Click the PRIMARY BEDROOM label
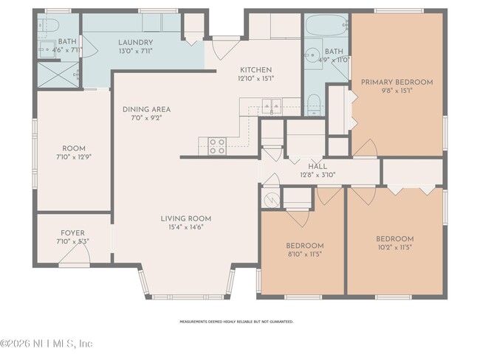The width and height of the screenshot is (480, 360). point(397,82)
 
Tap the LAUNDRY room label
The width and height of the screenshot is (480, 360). point(135,42)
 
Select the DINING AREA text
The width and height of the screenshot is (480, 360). point(148,108)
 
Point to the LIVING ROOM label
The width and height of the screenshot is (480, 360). point(186,218)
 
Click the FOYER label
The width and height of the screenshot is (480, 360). point(72,231)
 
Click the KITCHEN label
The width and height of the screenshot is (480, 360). point(256,69)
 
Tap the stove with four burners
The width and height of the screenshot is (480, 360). point(217,146)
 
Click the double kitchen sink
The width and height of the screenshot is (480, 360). point(267,105)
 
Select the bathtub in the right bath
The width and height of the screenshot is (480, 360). point(326,29)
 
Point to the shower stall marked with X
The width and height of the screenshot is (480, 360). point(58,74)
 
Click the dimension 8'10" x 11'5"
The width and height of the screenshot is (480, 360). point(304,254)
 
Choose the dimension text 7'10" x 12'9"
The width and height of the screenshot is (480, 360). point(72,156)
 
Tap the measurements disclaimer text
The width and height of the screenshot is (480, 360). point(237,322)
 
